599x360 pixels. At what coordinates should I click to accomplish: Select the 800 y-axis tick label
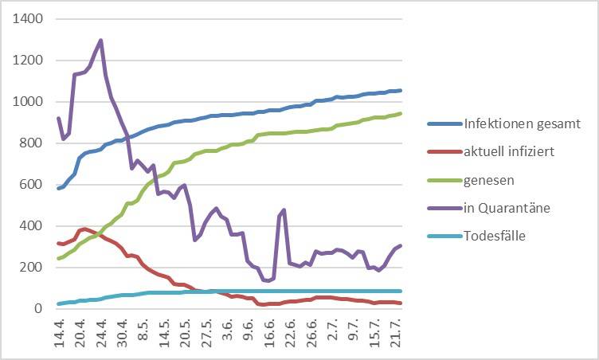tap(29, 143)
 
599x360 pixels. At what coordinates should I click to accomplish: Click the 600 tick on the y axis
tap(29, 184)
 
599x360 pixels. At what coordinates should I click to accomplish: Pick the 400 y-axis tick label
tap(29, 225)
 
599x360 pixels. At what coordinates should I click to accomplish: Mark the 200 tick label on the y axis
tap(29, 267)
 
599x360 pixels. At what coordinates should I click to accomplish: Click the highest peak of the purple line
tap(100, 40)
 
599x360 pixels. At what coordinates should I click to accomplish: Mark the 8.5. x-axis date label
tap(143, 338)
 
